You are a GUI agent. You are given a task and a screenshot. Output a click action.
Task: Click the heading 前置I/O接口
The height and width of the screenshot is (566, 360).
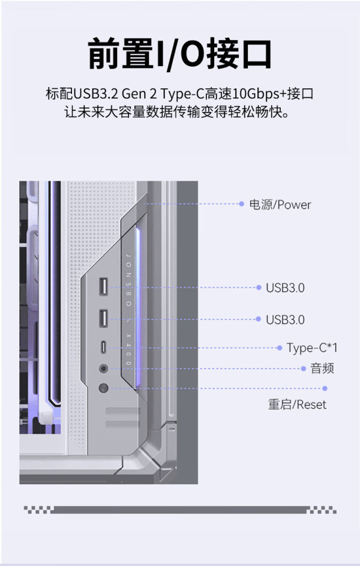179,55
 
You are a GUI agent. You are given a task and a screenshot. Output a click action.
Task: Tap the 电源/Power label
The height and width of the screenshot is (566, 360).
280,205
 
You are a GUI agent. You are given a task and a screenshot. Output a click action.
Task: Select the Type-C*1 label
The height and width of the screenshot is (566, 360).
312,348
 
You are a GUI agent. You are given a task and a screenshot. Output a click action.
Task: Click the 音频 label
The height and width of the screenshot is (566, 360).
322,369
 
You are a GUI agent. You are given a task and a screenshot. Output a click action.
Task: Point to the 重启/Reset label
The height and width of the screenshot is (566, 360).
297,405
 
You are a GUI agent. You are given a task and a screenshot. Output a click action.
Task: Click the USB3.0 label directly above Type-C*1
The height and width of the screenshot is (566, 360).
285,320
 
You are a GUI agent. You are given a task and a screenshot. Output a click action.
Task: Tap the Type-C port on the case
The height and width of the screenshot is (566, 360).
104,348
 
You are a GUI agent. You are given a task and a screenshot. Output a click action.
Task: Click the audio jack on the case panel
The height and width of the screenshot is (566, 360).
104,369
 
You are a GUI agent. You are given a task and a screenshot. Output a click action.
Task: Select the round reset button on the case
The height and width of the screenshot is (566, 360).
104,388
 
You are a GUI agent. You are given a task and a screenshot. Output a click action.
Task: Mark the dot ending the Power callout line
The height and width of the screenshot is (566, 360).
242,204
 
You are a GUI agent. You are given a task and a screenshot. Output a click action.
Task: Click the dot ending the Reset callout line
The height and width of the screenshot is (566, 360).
325,388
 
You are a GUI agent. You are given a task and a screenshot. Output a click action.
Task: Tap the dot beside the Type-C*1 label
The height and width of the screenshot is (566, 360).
279,348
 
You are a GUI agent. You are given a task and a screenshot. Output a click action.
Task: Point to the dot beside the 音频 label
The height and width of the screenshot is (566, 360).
304,369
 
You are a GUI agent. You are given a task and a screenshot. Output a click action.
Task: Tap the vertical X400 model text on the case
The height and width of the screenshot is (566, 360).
129,349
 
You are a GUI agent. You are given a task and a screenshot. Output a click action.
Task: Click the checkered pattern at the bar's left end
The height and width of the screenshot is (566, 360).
39,510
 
